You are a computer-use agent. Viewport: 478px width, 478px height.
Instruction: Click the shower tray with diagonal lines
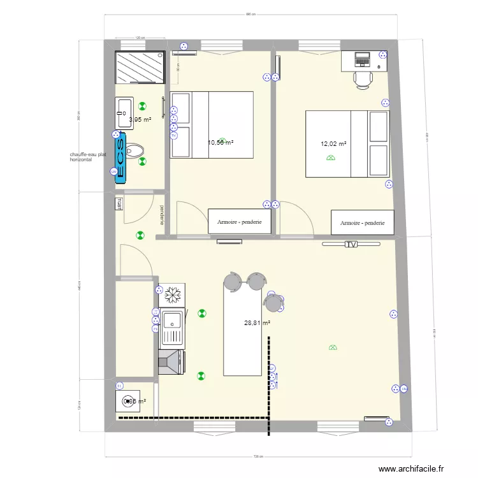(140, 68)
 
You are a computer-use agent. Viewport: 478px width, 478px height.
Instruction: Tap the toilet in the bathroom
(134, 151)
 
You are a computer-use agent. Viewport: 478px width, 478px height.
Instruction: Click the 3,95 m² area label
(140, 120)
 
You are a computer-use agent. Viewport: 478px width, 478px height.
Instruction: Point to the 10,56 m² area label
(221, 143)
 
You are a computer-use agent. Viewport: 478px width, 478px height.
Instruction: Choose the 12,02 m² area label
(333, 144)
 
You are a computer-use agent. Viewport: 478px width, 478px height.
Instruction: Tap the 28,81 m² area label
(257, 324)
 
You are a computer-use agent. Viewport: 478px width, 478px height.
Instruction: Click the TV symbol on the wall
(351, 244)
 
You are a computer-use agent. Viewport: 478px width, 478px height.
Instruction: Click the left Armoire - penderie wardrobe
(240, 222)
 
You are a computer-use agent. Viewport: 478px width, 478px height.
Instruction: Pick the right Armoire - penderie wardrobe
(363, 223)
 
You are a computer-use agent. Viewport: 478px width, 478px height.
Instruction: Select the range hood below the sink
(171, 363)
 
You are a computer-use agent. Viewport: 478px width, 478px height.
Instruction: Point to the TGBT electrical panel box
(119, 205)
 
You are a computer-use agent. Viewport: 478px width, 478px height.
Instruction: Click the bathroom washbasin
(124, 113)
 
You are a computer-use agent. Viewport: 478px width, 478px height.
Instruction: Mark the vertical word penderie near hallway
(163, 215)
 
